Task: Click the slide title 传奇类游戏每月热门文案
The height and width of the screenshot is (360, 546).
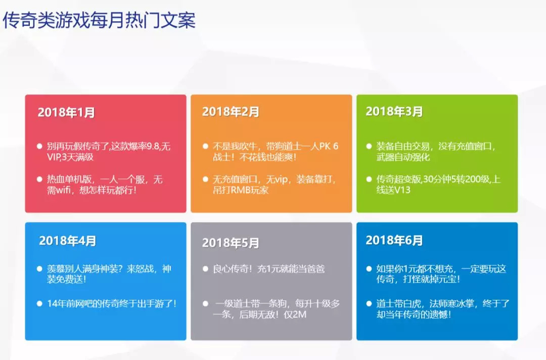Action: pyautogui.click(x=99, y=20)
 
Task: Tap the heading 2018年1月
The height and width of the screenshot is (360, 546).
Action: pyautogui.click(x=66, y=112)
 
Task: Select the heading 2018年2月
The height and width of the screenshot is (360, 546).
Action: pyautogui.click(x=231, y=111)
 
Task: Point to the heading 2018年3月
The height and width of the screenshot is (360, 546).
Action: pyautogui.click(x=394, y=111)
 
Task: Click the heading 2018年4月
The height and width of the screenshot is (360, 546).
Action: pyautogui.click(x=68, y=241)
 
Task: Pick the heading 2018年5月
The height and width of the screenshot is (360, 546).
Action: pyautogui.click(x=231, y=243)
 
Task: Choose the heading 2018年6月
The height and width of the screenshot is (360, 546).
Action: pyautogui.click(x=394, y=240)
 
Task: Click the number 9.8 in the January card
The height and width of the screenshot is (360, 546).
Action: pyautogui.click(x=153, y=146)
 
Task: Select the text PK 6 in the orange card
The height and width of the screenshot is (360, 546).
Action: pyautogui.click(x=329, y=146)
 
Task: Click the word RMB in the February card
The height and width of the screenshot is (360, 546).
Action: pyautogui.click(x=241, y=190)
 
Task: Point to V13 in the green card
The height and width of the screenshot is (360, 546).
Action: pyautogui.click(x=402, y=190)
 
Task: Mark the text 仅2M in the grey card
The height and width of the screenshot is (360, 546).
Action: pyautogui.click(x=295, y=314)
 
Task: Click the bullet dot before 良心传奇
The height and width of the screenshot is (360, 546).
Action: pyautogui.click(x=205, y=269)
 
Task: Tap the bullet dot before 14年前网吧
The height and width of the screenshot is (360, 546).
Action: pyautogui.click(x=40, y=303)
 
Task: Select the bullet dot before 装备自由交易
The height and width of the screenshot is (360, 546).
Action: pyautogui.click(x=369, y=146)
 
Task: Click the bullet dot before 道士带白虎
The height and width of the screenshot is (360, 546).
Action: pyautogui.click(x=369, y=303)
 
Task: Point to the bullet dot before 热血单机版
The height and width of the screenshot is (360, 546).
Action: pyautogui.click(x=40, y=179)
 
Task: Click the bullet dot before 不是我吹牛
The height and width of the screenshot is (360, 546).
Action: pyautogui.click(x=205, y=146)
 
